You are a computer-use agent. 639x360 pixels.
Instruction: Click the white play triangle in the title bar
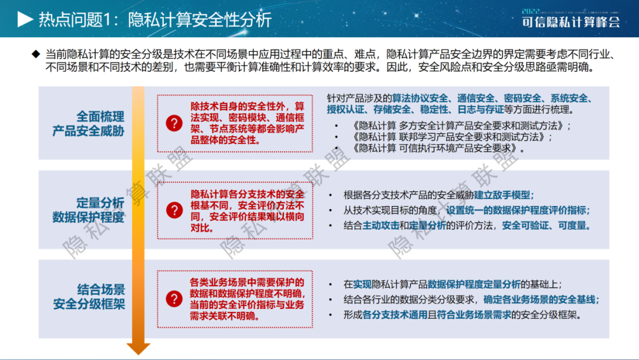(x=25, y=19)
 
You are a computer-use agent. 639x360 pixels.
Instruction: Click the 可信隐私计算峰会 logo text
(x=571, y=21)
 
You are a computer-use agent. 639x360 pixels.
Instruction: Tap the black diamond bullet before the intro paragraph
(x=36, y=54)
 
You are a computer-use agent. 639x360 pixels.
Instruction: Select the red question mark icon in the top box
(x=174, y=123)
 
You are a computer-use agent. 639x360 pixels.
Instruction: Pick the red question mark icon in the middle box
(x=175, y=210)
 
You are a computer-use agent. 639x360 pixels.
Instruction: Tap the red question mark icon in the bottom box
(x=174, y=299)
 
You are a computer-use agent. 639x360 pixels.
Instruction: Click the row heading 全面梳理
(x=100, y=117)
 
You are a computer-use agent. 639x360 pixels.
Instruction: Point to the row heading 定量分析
(x=100, y=203)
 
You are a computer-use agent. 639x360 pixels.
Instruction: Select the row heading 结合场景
(x=101, y=290)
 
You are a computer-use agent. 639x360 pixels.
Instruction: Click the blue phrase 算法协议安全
(x=419, y=98)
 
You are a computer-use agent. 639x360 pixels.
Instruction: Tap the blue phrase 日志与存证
(x=480, y=110)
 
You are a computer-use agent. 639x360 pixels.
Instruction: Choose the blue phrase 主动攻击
(x=380, y=226)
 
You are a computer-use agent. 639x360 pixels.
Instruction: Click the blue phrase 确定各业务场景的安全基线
(x=539, y=300)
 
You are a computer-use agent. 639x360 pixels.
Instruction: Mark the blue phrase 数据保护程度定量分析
(x=474, y=285)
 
